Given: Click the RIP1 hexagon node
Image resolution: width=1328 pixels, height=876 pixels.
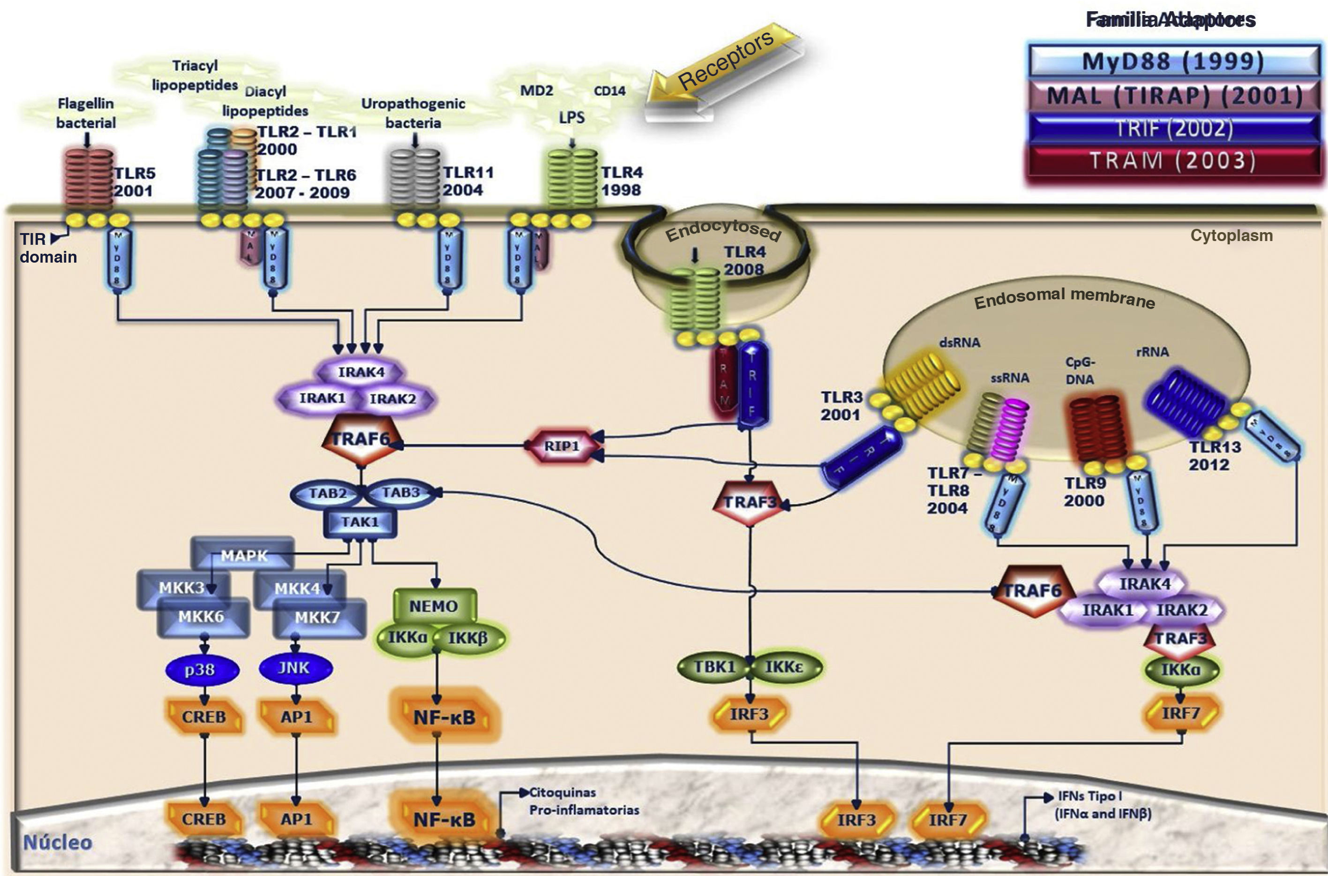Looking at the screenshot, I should click(561, 446).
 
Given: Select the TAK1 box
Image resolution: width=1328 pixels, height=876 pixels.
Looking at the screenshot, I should click(360, 522).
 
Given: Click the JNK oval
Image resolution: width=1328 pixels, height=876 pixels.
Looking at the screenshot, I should click(294, 668).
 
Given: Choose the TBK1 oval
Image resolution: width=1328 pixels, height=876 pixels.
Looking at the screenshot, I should click(714, 666).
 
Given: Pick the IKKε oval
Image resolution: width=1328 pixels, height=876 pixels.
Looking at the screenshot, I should click(784, 666).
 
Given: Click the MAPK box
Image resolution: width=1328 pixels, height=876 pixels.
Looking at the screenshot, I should click(244, 555).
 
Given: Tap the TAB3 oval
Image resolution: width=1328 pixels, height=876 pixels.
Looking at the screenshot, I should click(400, 493).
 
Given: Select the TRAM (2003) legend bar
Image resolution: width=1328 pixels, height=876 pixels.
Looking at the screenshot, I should click(1173, 161).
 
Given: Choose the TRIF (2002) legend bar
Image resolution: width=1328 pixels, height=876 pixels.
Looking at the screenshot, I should click(1173, 128).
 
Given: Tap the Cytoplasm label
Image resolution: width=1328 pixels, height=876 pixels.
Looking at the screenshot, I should click(1231, 235).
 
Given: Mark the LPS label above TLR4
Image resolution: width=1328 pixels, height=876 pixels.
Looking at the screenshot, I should click(572, 117).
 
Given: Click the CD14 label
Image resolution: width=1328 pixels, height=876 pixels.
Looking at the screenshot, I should click(609, 91).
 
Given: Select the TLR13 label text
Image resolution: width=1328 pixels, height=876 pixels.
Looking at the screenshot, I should click(1215, 447).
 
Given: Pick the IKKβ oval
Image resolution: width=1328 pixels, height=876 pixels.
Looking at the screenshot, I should click(468, 638).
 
